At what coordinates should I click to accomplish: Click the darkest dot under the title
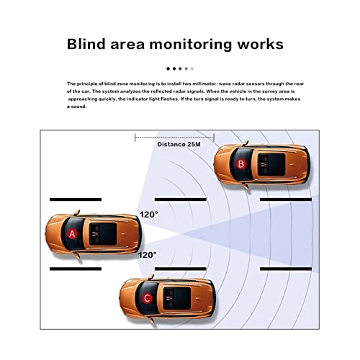pos(168,69)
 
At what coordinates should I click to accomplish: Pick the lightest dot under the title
pos(192,69)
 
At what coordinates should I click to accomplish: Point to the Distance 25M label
pos(179,144)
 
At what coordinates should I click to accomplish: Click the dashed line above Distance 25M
pos(174,134)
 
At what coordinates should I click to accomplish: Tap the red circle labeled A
pos(71,235)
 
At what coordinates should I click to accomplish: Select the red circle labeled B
pos(241,164)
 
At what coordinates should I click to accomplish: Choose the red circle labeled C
pos(147,297)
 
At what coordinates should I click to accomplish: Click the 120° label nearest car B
pos(148,215)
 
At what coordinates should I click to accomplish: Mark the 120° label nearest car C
pos(148,254)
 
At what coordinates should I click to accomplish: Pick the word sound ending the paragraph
pos(77,107)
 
